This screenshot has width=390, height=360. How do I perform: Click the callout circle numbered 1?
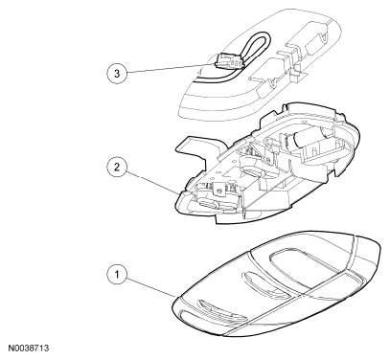pyautogui.click(x=116, y=275)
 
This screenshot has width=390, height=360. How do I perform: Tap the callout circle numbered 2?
pyautogui.click(x=116, y=167)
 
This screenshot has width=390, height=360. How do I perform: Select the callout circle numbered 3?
pyautogui.click(x=116, y=73)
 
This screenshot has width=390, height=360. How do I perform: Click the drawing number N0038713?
pyautogui.click(x=29, y=348)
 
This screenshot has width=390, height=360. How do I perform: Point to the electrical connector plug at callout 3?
pyautogui.click(x=229, y=60)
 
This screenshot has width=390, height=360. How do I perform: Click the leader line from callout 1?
pyautogui.click(x=150, y=285)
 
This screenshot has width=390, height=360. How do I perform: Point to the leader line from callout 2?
pyautogui.click(x=152, y=183)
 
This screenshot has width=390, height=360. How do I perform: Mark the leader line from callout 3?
pyautogui.click(x=171, y=68)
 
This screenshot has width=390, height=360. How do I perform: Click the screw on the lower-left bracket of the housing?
pyautogui.click(x=218, y=191)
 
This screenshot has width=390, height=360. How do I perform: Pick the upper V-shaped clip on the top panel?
pyautogui.click(x=323, y=36)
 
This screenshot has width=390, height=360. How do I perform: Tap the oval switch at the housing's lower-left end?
pyautogui.click(x=209, y=204)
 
